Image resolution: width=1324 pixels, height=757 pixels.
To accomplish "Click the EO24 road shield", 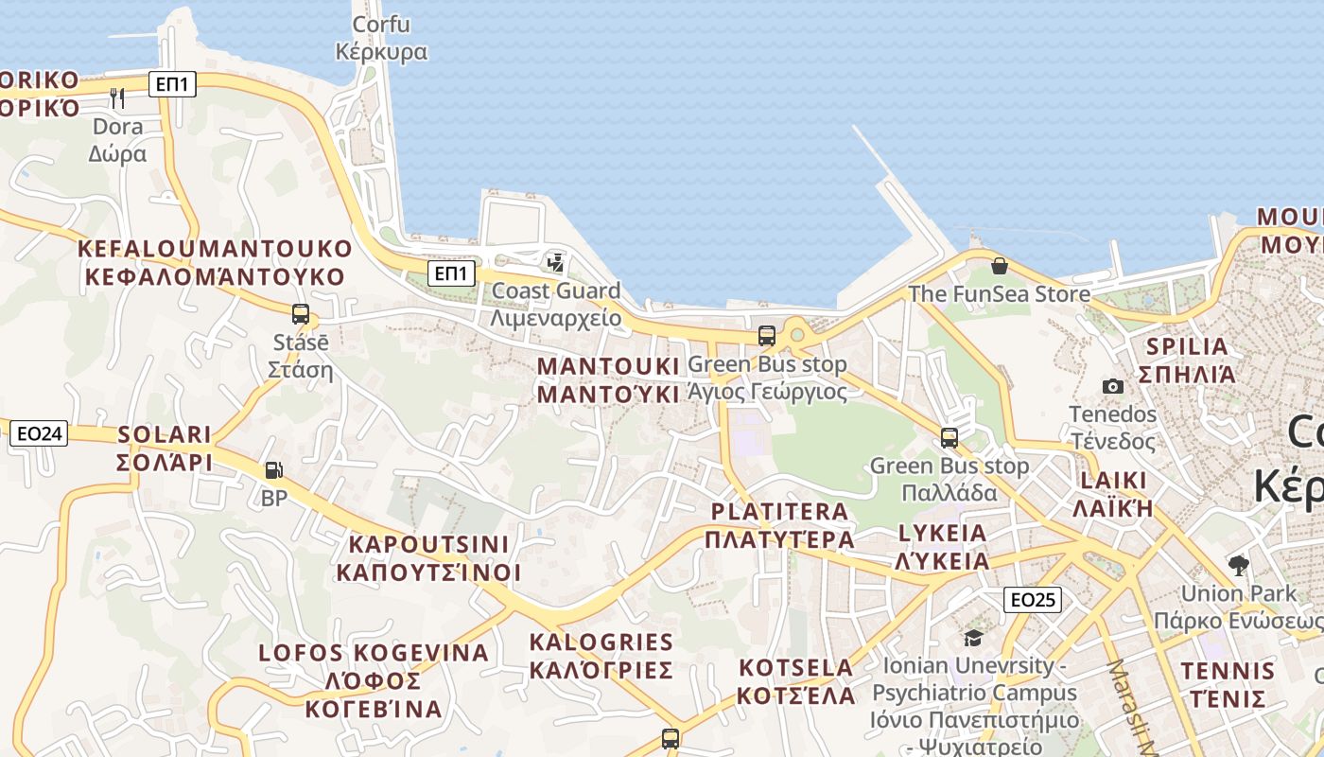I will [40, 434].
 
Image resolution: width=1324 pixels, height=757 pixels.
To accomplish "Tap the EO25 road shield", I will [1032, 599].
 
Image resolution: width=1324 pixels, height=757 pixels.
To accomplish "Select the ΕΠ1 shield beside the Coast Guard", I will [451, 274].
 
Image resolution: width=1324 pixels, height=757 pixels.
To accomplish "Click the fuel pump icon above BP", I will [273, 469].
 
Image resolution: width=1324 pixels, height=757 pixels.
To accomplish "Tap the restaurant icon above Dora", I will [117, 97].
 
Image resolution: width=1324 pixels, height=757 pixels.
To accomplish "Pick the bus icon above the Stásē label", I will [301, 314].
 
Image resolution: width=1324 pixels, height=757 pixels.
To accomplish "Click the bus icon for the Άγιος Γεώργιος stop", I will [767, 336].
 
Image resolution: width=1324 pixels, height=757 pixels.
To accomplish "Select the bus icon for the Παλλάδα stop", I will [949, 438].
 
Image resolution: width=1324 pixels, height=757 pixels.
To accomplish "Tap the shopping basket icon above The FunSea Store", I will [999, 266].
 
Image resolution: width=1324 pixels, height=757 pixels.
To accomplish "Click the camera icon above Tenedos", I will [1113, 386].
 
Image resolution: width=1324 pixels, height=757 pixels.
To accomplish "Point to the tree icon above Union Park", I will [1238, 566].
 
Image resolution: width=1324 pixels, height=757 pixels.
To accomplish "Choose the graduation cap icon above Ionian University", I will [973, 638].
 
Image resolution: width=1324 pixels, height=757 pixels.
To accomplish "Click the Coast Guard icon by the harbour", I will [556, 262].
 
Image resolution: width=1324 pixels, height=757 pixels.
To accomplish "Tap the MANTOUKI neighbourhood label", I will [608, 380].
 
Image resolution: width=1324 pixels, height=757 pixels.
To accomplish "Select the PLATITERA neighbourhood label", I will [779, 525].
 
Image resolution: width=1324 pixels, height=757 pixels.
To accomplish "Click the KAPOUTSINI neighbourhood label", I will [428, 558].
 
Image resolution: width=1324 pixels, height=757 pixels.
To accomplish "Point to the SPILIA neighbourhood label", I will [1187, 360].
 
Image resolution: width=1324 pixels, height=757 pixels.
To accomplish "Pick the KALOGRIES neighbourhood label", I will [601, 656].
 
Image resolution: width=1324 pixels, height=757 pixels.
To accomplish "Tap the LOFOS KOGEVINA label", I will [374, 680].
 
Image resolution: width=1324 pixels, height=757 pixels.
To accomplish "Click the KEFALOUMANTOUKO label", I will [215, 262].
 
